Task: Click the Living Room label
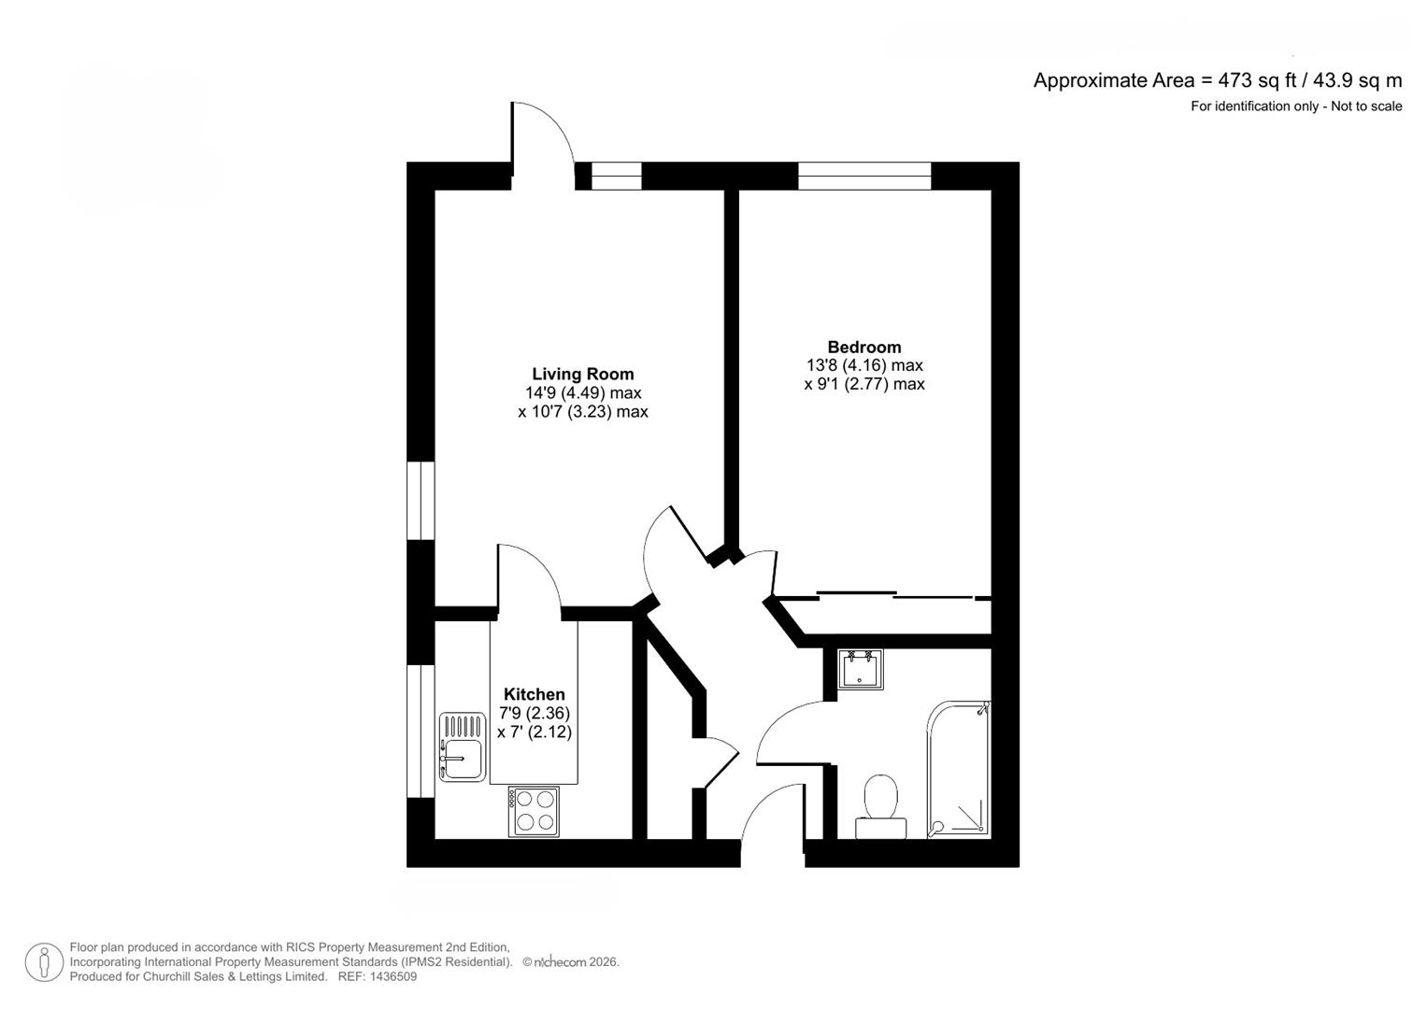583,374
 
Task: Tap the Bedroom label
864,348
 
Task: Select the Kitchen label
534,694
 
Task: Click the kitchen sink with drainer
463,747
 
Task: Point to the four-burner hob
534,812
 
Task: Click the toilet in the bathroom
880,806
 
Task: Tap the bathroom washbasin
860,670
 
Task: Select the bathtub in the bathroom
959,770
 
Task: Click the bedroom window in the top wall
864,176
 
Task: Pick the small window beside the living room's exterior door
616,176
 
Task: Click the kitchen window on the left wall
421,732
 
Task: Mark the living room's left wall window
421,501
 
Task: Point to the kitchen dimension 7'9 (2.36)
534,713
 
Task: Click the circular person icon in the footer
44,962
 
